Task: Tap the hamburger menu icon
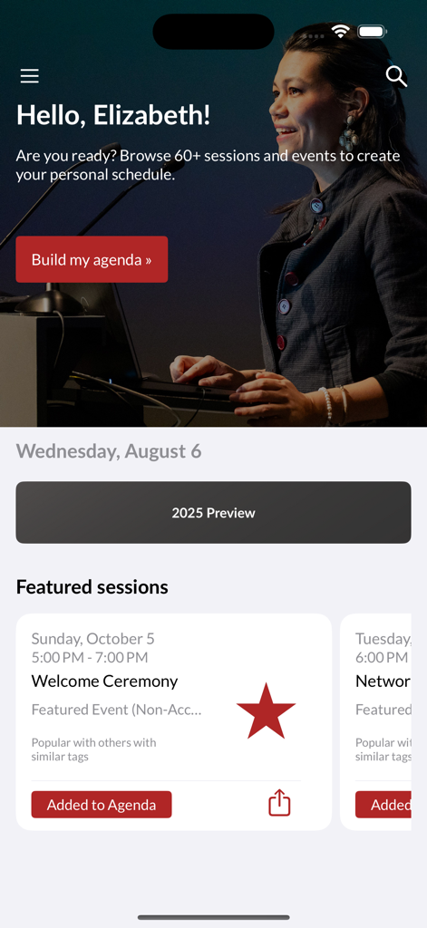point(30,76)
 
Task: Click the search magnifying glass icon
point(396,76)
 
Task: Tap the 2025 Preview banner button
point(213,513)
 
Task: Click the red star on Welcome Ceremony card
point(266,711)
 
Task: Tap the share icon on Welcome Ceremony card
point(279,803)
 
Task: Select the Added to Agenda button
point(102,805)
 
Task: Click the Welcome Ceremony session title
point(104,681)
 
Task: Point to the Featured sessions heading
point(92,587)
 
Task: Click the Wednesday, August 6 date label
point(109,451)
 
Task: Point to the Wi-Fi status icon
point(341,32)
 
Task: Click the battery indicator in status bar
point(372,32)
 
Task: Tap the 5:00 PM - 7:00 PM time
point(90,657)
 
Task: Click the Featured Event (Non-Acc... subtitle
point(116,710)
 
